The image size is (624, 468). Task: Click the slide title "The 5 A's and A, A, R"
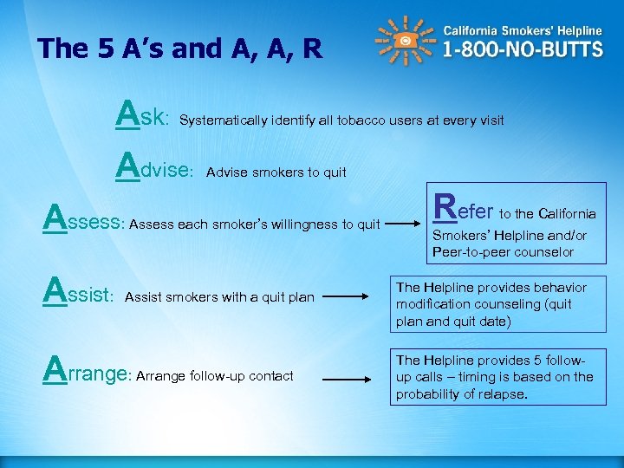pos(179,49)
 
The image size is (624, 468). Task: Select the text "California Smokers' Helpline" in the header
pos(523,29)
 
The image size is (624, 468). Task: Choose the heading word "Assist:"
pos(79,295)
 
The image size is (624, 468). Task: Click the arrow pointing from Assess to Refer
pos(406,224)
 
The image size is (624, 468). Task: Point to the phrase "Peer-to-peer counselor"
pos(502,252)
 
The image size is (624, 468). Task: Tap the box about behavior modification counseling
pos(497,304)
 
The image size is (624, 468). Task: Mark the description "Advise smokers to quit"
pos(276,172)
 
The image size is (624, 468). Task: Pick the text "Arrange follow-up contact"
pos(215,376)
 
